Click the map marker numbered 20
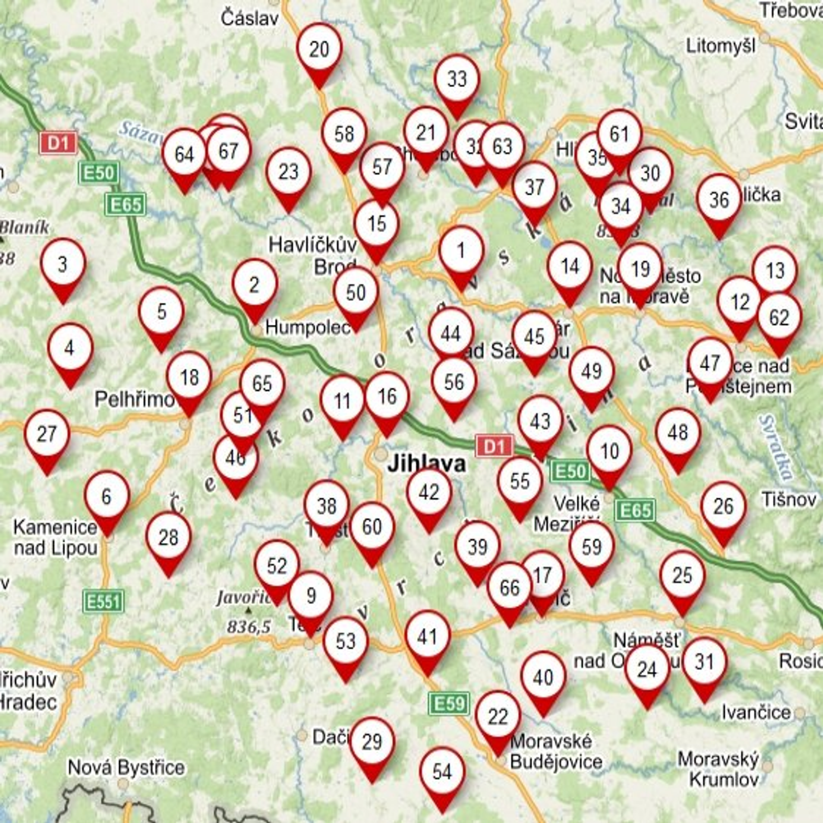tap(320, 50)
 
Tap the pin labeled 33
tap(457, 79)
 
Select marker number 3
tap(63, 264)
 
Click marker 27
tap(47, 435)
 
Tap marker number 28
tap(168, 538)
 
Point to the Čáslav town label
tap(250, 19)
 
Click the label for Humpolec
tap(308, 327)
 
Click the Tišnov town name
tap(789, 500)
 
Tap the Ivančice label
tap(756, 712)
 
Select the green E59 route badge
tap(449, 703)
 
